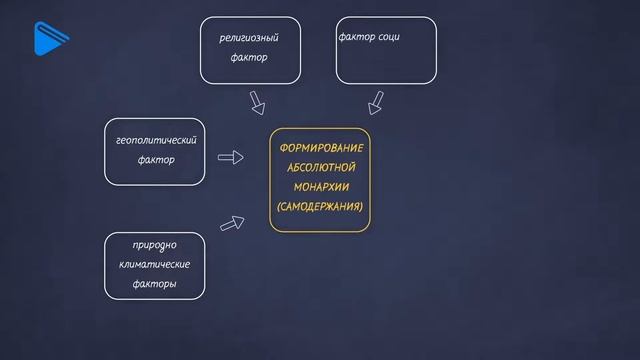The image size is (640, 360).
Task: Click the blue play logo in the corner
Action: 46,39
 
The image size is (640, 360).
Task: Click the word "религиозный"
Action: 249,38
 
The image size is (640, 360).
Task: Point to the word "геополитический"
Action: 156,139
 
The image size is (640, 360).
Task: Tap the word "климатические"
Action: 154,265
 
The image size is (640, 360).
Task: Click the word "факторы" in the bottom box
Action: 154,285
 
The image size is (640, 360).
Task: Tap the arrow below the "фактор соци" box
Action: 376,102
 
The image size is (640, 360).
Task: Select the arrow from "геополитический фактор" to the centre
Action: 231,158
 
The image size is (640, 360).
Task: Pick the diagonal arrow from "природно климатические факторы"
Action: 232,224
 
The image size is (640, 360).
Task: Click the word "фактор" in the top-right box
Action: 357,37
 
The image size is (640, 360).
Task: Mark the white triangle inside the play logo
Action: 44,40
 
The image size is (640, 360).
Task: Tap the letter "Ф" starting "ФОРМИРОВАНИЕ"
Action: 284,148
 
